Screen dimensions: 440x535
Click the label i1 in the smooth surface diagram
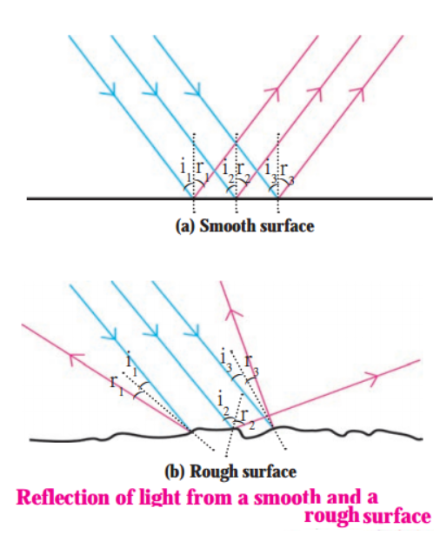(184, 170)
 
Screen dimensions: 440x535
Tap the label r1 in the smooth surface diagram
(201, 171)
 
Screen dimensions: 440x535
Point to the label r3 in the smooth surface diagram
(285, 173)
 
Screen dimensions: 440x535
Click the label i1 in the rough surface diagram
(131, 364)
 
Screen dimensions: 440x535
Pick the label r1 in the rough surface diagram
(117, 385)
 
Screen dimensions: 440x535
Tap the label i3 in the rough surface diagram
(226, 360)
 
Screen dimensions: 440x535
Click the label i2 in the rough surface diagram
(223, 405)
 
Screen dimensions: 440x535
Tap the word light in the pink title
(161, 498)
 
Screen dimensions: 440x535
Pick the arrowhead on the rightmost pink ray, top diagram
(358, 93)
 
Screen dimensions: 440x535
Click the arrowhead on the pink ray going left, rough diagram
(76, 358)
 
